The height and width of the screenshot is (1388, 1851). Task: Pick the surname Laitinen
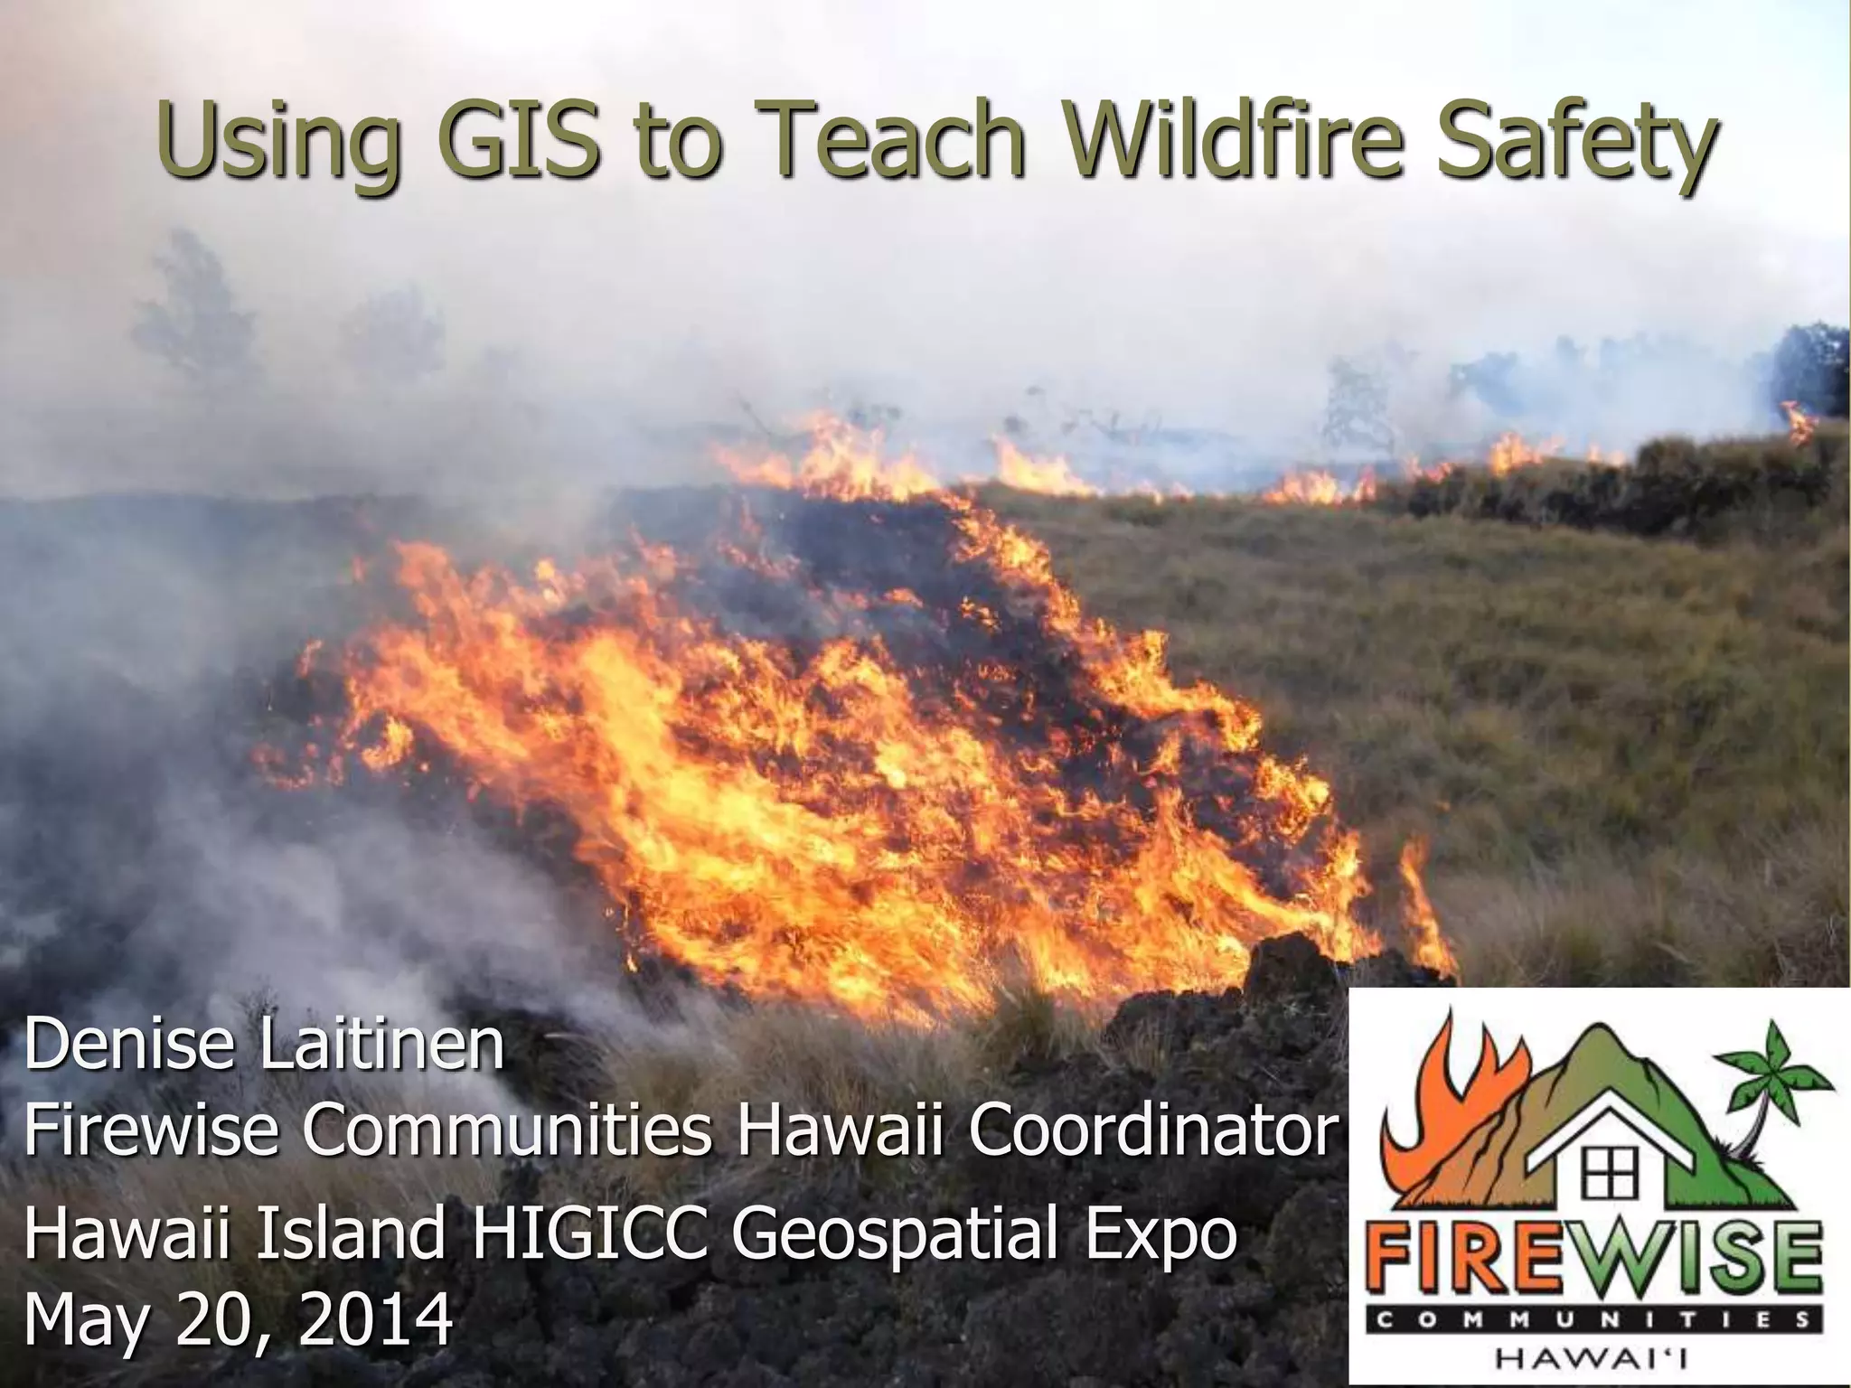[x=381, y=1045]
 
